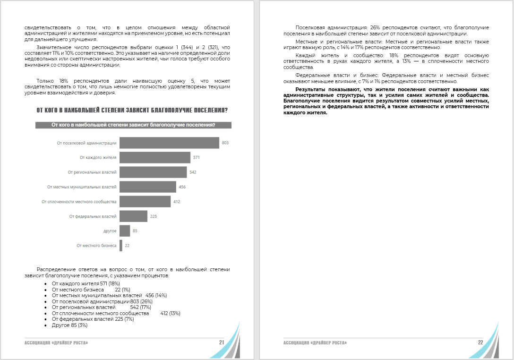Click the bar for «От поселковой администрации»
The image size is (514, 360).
[x=169, y=143]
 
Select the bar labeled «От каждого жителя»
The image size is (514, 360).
[x=155, y=157]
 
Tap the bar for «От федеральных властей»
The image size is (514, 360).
[x=133, y=216]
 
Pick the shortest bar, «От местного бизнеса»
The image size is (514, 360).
[x=121, y=246]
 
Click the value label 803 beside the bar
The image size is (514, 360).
[x=225, y=143]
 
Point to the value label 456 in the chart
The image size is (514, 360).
[x=182, y=187]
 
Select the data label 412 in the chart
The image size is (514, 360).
[x=177, y=202]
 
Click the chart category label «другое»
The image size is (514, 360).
[x=110, y=231]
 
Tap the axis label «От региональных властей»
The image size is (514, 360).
[x=92, y=172]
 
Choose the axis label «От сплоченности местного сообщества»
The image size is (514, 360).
[x=79, y=202]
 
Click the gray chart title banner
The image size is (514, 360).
[x=133, y=125]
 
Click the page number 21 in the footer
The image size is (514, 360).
[x=221, y=342]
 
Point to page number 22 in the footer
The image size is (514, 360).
[x=480, y=342]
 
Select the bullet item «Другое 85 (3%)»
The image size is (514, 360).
[x=70, y=325]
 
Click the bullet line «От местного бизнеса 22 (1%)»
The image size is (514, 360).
[x=91, y=290]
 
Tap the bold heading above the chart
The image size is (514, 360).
[x=132, y=111]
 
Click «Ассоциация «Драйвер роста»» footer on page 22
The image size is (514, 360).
[x=315, y=342]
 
